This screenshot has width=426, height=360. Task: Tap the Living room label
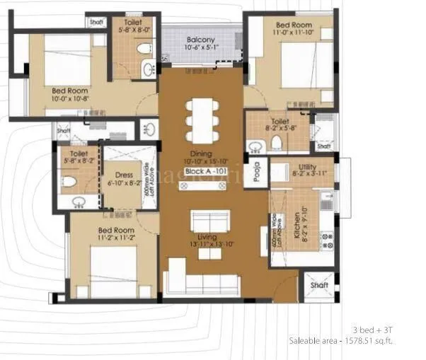click(206, 238)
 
